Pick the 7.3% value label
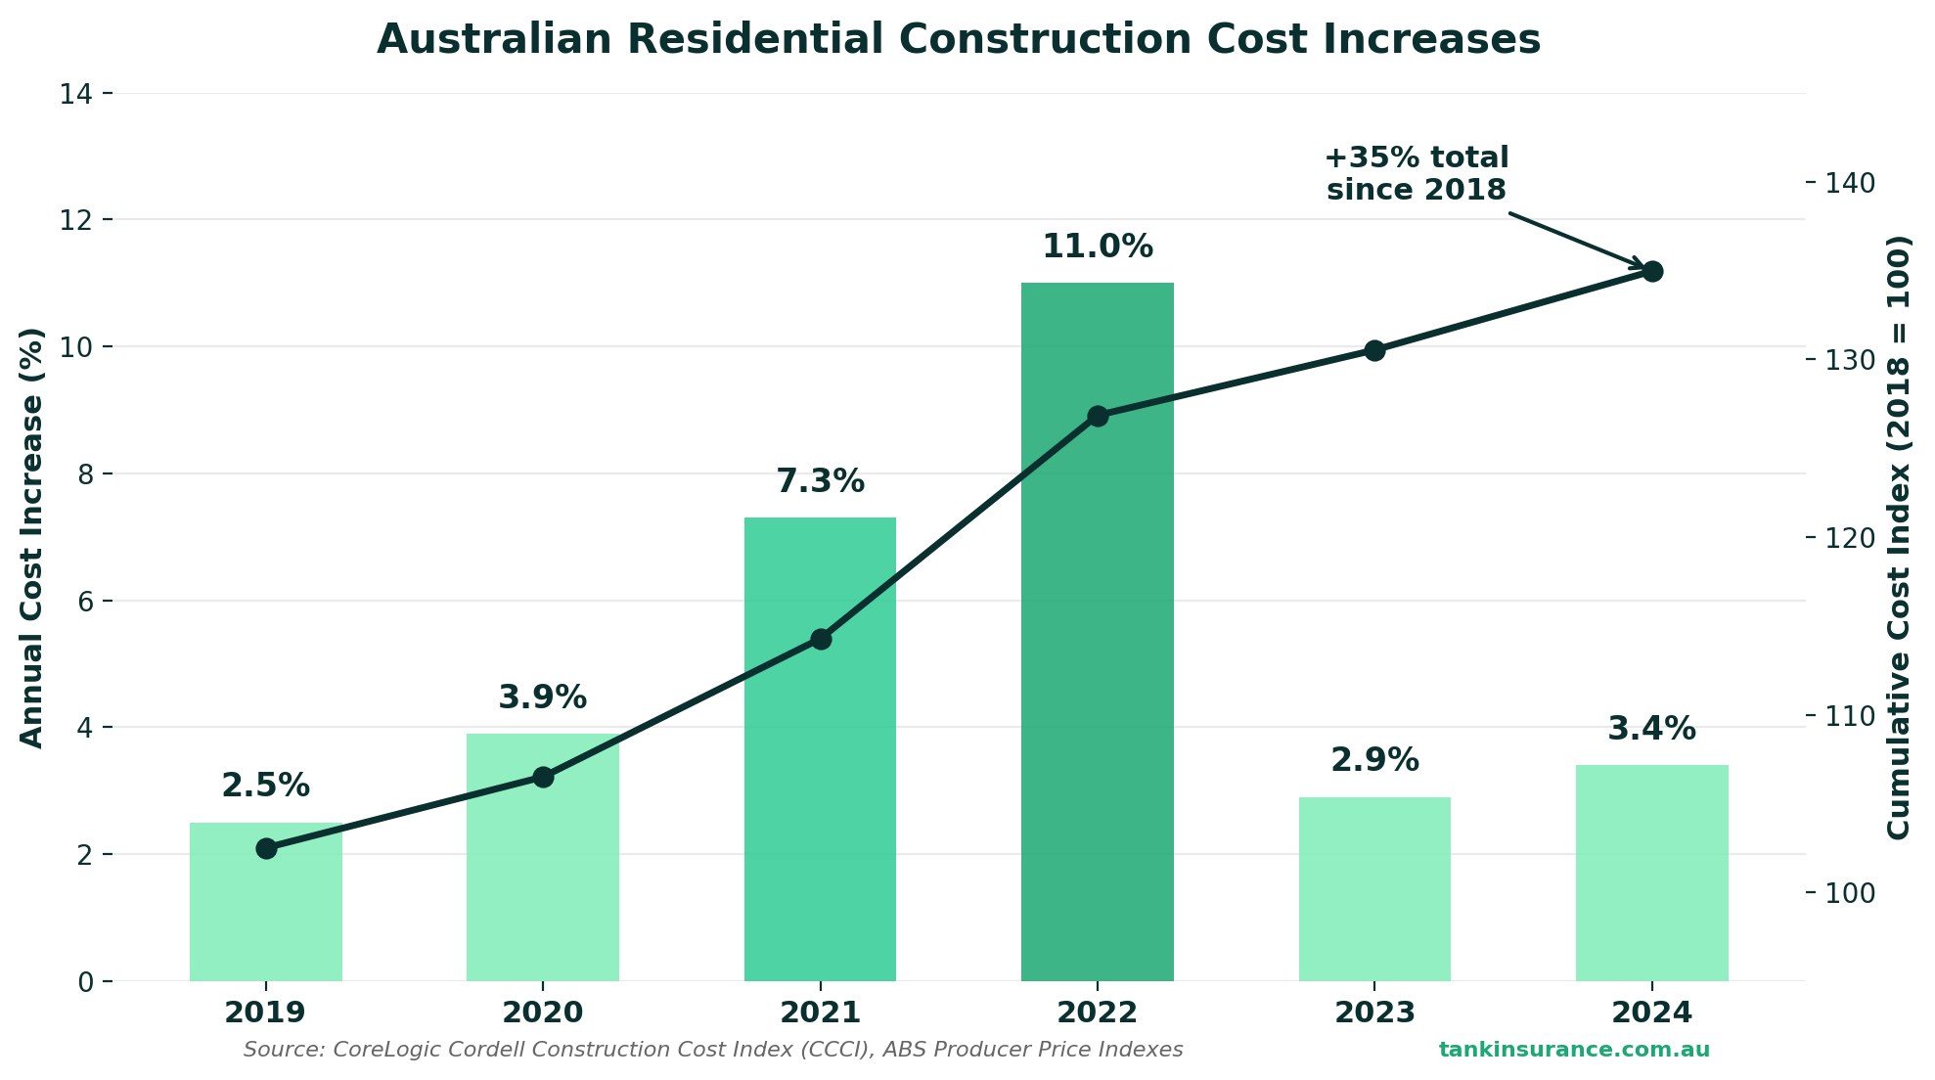(x=820, y=481)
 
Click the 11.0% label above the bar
(x=1097, y=247)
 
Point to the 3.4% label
(x=1651, y=729)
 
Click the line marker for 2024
(x=1651, y=271)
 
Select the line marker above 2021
(x=820, y=639)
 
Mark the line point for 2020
(x=543, y=777)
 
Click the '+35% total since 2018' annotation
(x=1416, y=173)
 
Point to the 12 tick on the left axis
(x=77, y=220)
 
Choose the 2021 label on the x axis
(x=820, y=1012)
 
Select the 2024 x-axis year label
(x=1651, y=1012)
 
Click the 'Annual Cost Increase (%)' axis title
(x=32, y=538)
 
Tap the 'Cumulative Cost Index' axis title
(x=1898, y=538)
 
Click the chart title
(x=958, y=40)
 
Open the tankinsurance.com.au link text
(x=1573, y=1050)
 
